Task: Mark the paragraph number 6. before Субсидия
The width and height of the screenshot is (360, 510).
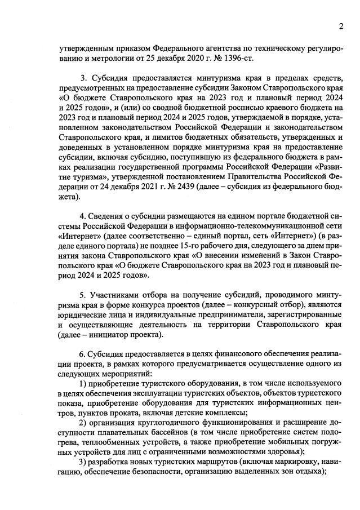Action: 84,353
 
